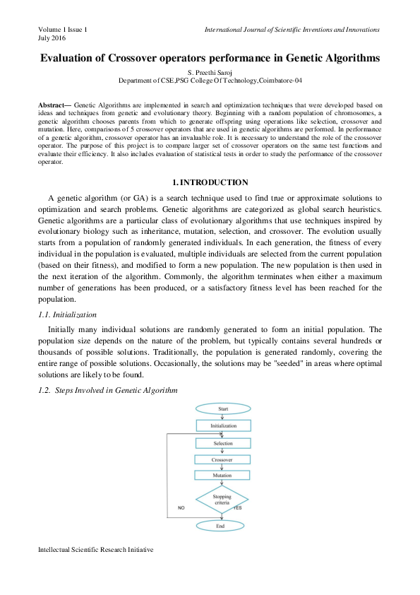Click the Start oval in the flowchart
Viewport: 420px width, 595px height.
[222, 409]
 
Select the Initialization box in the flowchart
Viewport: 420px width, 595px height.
[222, 426]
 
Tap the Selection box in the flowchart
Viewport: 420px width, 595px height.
[222, 443]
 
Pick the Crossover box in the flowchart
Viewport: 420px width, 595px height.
[222, 459]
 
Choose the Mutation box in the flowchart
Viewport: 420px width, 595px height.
[222, 475]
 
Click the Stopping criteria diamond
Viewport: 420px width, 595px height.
[222, 499]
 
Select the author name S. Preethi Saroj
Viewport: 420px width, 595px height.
[210, 73]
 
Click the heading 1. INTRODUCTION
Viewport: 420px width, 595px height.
[210, 182]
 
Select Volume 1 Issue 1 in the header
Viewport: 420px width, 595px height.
[63, 29]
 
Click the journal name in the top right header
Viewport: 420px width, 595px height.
[292, 29]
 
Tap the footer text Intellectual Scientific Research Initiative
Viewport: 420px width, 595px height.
[95, 548]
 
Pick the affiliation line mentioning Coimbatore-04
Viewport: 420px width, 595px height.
[210, 81]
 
